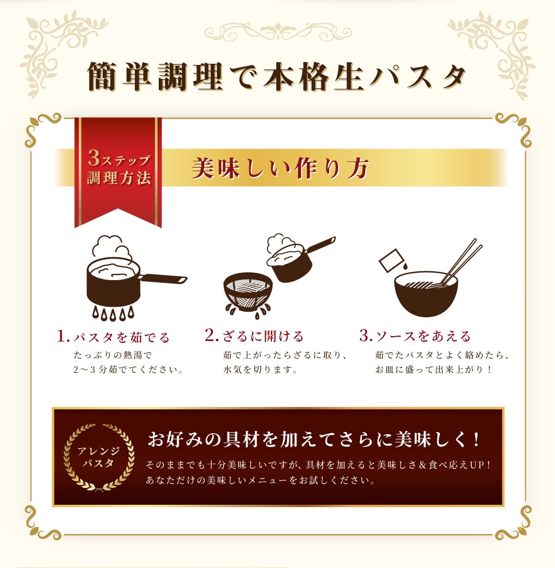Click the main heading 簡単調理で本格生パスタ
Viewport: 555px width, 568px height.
276,77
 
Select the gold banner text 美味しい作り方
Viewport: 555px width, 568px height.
280,169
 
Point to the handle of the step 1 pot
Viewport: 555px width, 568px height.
164,279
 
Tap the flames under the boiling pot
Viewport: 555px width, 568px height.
113,313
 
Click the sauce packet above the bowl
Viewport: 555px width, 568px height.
391,260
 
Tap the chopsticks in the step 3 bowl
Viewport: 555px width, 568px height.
461,262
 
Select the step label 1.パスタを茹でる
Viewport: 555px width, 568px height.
113,337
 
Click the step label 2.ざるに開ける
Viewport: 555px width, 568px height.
254,336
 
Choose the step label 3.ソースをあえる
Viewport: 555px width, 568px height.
415,336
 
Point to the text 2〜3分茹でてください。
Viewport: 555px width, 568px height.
128,370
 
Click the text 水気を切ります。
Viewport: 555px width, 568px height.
260,370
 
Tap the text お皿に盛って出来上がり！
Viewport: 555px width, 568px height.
433,370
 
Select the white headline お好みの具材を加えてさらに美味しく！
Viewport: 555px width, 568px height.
314,439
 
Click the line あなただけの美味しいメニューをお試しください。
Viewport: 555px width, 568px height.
260,480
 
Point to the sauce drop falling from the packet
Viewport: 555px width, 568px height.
404,266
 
